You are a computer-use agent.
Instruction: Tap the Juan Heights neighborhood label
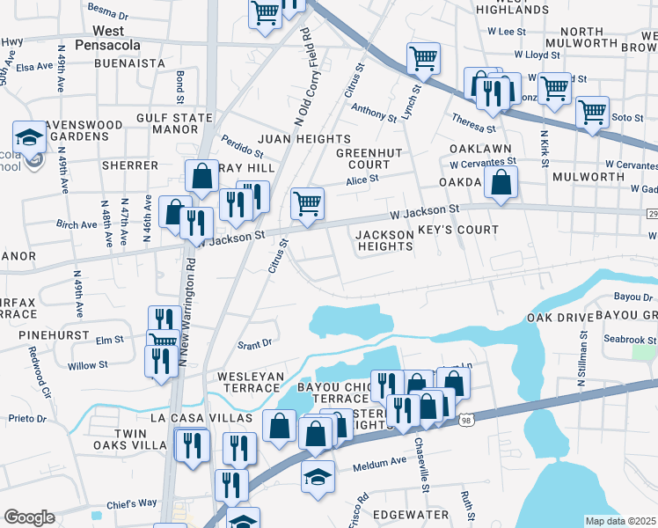pos(304,139)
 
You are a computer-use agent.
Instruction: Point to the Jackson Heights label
pos(384,240)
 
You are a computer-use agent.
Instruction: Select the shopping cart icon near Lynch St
pos(423,59)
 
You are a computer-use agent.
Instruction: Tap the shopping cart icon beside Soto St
pos(592,112)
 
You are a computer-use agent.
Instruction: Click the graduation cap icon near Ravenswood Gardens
pos(29,137)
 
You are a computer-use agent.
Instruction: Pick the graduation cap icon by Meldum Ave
pos(318,476)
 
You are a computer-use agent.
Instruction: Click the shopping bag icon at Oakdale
pos(501,182)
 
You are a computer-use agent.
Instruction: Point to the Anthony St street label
pos(374,113)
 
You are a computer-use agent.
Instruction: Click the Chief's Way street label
pos(131,503)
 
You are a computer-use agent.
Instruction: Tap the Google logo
pos(29,517)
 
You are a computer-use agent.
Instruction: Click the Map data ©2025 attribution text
pos(621,521)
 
